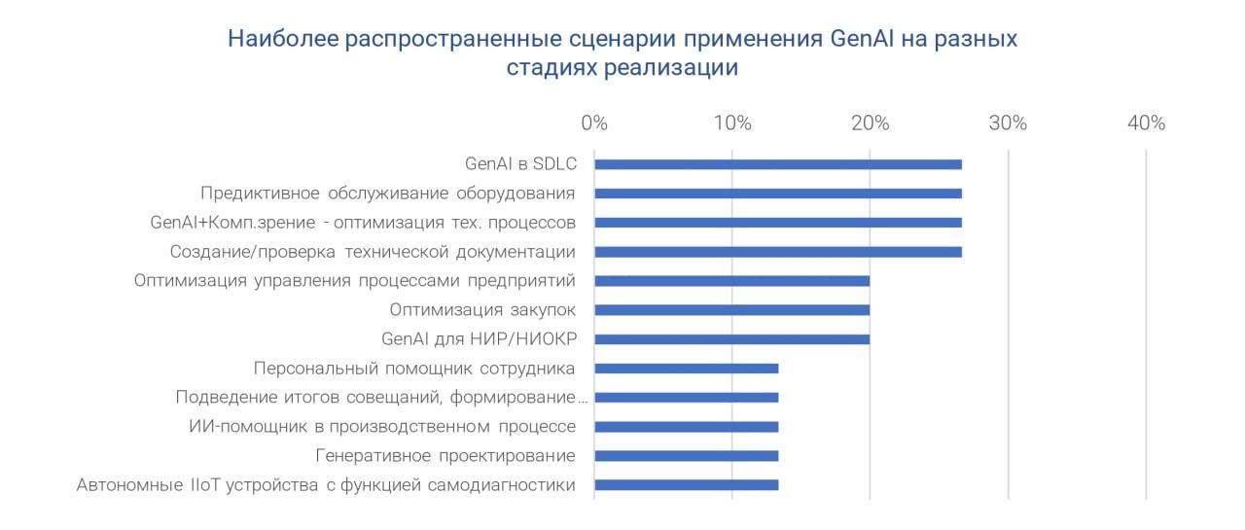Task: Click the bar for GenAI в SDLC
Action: (x=778, y=164)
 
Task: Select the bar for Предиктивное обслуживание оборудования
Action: (x=778, y=194)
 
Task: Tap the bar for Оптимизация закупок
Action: (x=732, y=310)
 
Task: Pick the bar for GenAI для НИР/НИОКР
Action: (x=732, y=338)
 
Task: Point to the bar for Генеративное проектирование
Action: (x=687, y=456)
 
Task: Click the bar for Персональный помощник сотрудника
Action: (x=687, y=369)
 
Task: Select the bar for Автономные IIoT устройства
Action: (x=687, y=485)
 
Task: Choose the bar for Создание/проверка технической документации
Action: (x=778, y=252)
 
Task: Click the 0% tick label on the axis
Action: (x=594, y=123)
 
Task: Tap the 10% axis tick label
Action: (x=732, y=123)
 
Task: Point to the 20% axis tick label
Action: (x=871, y=123)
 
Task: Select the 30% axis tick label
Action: (x=1009, y=123)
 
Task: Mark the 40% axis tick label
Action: (x=1146, y=123)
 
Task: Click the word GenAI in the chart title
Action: (x=862, y=39)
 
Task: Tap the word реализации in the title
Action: (x=671, y=68)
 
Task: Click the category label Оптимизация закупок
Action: (x=482, y=310)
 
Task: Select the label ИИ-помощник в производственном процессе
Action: (x=382, y=427)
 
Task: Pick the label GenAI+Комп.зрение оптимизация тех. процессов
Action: (x=363, y=223)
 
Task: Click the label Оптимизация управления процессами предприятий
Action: (x=355, y=281)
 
